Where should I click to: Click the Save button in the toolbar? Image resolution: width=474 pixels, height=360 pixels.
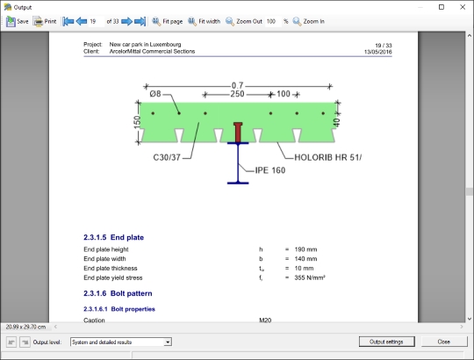(x=18, y=21)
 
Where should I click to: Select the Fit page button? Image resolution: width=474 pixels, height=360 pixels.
(x=167, y=21)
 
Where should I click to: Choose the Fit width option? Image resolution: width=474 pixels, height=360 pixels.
(x=204, y=21)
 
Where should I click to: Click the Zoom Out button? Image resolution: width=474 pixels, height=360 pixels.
(x=244, y=21)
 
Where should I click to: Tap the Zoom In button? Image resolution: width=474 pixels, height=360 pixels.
(x=309, y=21)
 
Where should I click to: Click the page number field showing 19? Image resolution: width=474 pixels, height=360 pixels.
(x=97, y=21)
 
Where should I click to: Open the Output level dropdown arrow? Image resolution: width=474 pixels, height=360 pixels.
(x=168, y=342)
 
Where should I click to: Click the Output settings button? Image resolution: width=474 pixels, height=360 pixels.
(x=386, y=342)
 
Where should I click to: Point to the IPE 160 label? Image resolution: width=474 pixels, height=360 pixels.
(x=270, y=170)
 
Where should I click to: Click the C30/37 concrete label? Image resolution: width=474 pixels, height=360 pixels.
(x=167, y=157)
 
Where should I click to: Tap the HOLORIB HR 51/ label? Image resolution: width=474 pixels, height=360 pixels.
(x=327, y=157)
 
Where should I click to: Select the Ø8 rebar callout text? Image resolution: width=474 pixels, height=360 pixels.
(x=155, y=94)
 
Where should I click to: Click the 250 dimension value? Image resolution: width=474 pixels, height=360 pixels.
(x=237, y=94)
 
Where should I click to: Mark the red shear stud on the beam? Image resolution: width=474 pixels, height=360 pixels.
(x=238, y=133)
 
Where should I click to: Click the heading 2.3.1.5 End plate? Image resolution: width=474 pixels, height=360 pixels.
(x=113, y=238)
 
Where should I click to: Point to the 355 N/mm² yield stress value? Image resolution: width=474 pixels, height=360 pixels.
(x=310, y=277)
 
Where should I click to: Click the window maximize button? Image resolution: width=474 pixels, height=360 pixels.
(x=442, y=7)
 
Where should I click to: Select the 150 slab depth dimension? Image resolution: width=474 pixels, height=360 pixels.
(x=137, y=122)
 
